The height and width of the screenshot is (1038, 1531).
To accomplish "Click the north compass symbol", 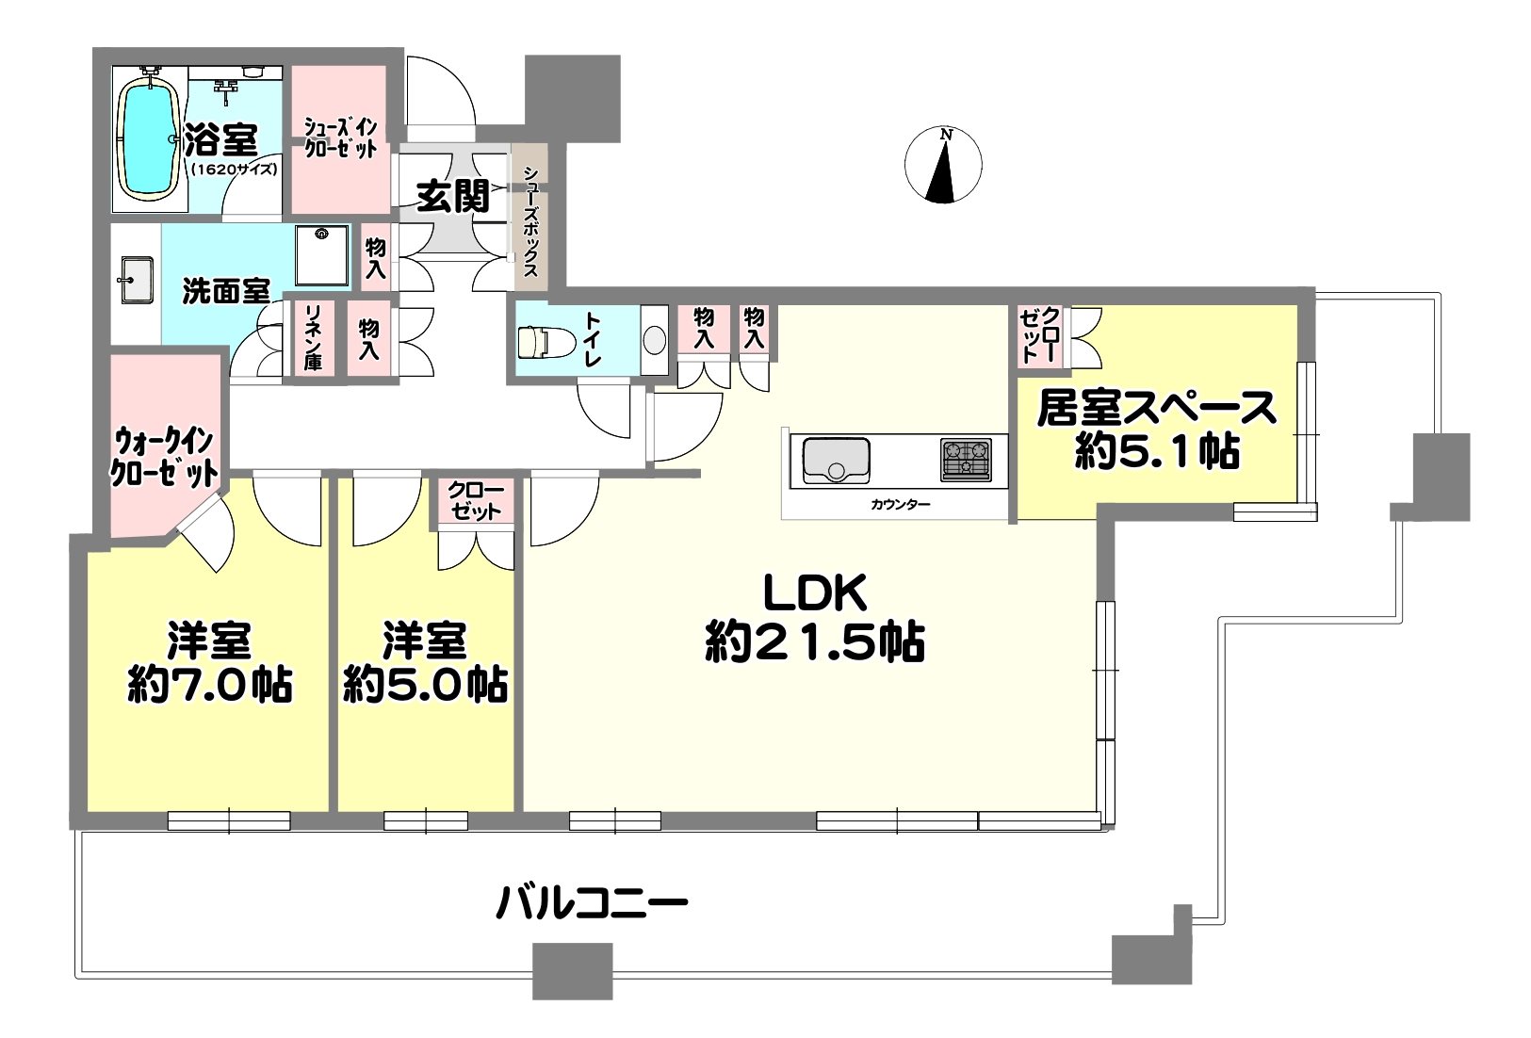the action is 943,165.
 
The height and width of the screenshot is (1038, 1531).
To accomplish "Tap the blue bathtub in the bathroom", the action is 150,143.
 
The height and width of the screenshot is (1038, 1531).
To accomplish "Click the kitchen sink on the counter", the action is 836,460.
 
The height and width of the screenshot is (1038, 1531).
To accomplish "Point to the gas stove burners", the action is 966,460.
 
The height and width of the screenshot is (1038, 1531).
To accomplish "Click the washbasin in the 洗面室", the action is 137,280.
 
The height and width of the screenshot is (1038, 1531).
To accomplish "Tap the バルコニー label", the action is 592,902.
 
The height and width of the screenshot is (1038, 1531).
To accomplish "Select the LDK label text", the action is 815,592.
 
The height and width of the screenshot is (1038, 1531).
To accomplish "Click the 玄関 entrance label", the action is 453,197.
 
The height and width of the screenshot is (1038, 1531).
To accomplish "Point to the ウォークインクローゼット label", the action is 164,457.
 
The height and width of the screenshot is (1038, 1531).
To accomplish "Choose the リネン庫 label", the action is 313,338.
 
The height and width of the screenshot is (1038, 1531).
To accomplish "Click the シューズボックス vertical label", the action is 530,220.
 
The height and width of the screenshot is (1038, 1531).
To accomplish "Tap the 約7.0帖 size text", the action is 210,685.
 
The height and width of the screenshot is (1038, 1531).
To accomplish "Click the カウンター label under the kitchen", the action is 900,504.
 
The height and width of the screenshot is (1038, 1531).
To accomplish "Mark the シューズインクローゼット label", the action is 340,138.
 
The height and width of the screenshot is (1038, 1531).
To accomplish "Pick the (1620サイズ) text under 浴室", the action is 235,169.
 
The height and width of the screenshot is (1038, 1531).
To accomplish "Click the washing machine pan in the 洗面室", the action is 322,255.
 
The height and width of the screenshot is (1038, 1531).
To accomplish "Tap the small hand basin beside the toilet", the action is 655,340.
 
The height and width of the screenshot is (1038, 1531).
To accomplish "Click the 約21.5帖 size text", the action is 815,641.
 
